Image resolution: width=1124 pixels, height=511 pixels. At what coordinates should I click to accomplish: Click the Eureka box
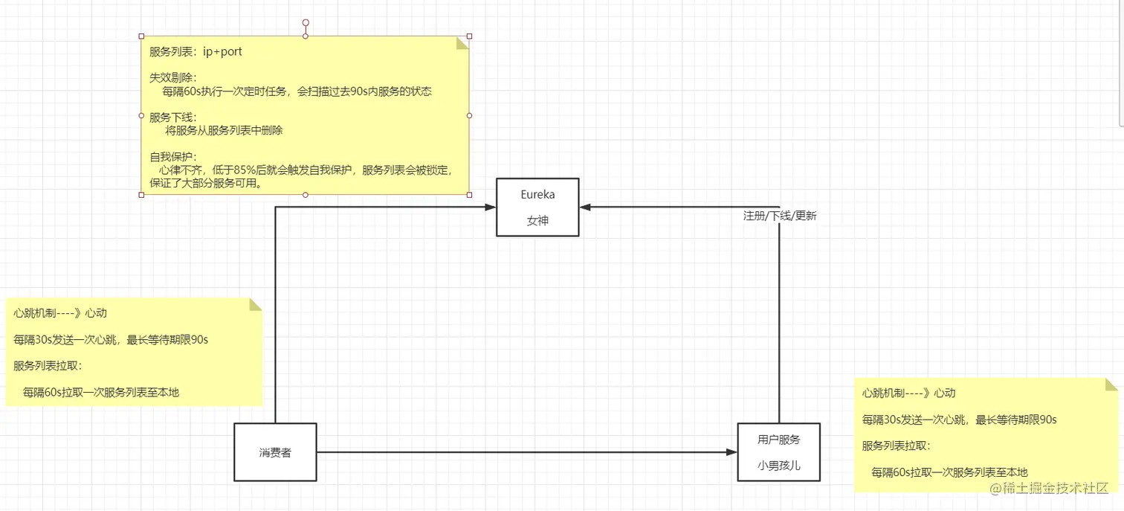537,207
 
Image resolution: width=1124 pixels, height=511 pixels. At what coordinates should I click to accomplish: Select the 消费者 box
275,451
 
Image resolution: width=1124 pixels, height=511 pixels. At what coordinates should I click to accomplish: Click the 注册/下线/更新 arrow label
780,216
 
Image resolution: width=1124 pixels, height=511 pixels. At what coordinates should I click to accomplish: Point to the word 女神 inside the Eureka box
537,221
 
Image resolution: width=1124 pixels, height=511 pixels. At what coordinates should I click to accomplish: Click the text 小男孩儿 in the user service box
778,466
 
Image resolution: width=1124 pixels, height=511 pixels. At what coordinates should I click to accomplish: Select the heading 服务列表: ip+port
196,52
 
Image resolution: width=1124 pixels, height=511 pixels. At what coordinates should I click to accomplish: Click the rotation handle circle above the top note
306,23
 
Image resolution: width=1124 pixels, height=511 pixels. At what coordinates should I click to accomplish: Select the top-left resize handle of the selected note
141,36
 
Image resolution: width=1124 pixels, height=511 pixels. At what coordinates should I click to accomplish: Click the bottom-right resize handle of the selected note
469,195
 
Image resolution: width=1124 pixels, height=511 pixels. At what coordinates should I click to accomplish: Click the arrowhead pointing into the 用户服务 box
731,451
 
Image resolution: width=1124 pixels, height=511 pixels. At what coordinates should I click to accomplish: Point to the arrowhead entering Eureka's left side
491,207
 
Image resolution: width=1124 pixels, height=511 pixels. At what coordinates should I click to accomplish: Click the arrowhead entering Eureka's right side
585,207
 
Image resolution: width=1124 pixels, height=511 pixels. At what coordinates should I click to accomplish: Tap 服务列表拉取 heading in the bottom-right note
896,446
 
